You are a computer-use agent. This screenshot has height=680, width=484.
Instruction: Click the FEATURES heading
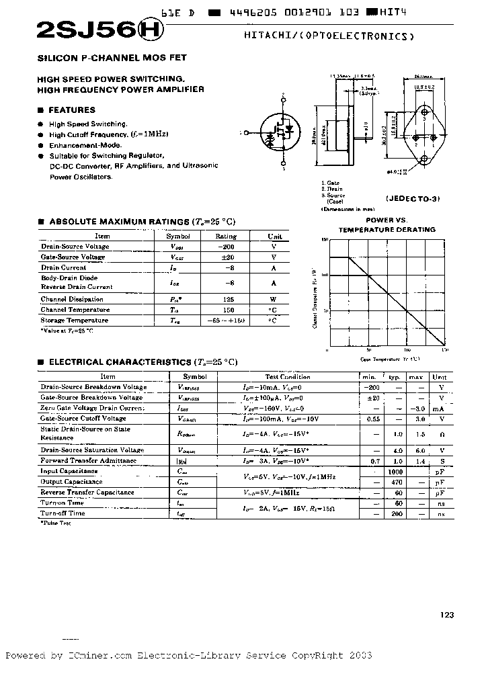click(x=73, y=110)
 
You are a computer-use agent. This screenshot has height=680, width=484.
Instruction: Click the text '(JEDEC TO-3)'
click(x=411, y=200)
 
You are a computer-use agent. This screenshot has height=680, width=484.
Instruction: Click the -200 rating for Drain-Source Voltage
click(x=225, y=247)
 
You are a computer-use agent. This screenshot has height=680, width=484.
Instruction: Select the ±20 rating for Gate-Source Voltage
click(x=225, y=257)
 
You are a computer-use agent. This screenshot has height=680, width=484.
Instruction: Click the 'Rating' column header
click(x=225, y=236)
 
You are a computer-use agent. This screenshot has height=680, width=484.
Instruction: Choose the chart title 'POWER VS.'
click(x=387, y=220)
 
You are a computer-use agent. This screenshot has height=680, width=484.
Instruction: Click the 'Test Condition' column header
click(x=287, y=377)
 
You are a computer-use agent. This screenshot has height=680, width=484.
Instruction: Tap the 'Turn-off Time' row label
click(x=63, y=513)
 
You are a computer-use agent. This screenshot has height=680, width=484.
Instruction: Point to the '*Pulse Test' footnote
click(x=56, y=522)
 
